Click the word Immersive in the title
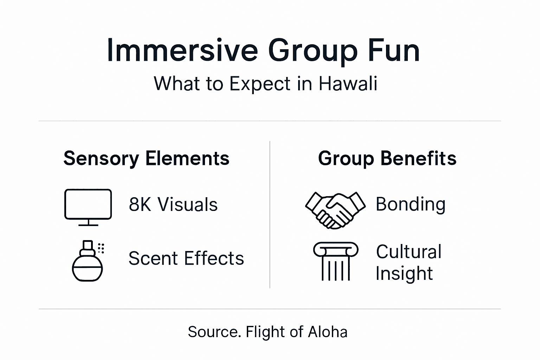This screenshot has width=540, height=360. point(182,51)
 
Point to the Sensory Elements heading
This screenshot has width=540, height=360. point(146,158)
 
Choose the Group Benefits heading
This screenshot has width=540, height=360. point(387,158)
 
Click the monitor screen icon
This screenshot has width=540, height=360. point(88,204)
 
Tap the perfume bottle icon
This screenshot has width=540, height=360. point(87,262)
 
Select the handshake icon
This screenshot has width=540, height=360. point(335,210)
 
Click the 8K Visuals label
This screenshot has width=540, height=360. point(173,204)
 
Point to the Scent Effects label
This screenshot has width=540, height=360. point(186,258)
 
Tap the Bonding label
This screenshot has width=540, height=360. point(410,204)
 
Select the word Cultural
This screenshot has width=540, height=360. point(409,252)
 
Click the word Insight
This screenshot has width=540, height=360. point(404,274)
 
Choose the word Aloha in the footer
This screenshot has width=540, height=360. point(327,332)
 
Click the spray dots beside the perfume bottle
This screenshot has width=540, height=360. point(101,248)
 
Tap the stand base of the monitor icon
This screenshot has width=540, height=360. point(88,224)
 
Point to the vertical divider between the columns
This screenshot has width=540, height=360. point(270,214)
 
